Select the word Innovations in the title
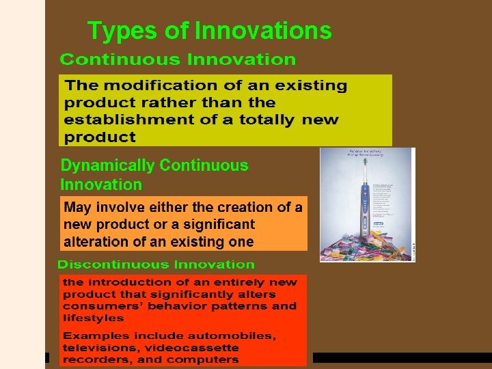click(264, 31)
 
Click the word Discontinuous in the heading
click(113, 264)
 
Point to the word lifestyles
click(93, 318)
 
